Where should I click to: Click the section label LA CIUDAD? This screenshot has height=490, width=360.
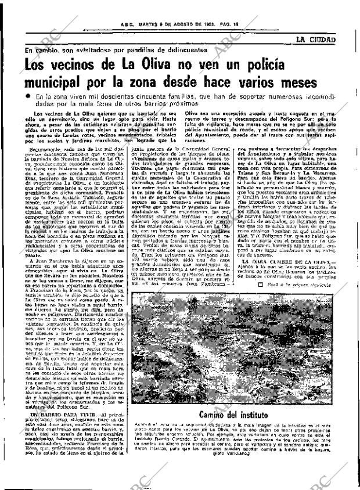(x=315, y=39)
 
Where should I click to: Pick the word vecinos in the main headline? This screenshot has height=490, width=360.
(x=74, y=64)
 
